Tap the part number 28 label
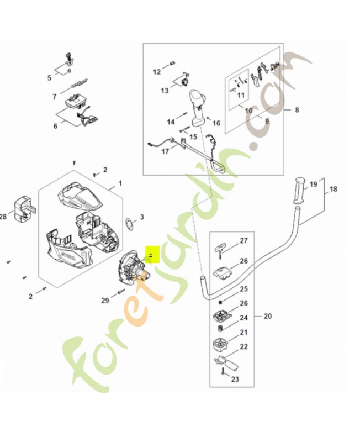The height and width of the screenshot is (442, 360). [3, 217]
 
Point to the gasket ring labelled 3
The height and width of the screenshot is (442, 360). [129, 223]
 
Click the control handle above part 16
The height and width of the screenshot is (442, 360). [198, 105]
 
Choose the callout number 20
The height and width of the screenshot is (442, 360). [268, 317]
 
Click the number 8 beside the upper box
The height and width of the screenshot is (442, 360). [297, 110]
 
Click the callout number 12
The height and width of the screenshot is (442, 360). [156, 72]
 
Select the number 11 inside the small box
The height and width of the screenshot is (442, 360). [241, 95]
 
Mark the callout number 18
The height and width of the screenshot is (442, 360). [333, 189]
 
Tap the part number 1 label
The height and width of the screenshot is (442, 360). [120, 183]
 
